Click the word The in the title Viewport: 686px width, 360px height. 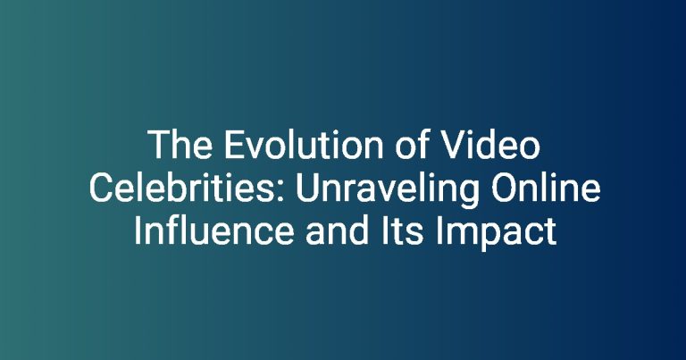tap(180, 146)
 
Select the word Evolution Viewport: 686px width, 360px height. tap(304, 146)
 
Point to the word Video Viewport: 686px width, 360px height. tap(491, 145)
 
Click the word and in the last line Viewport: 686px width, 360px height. tap(337, 231)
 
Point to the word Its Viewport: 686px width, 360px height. tap(402, 231)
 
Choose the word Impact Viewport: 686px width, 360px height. tap(496, 233)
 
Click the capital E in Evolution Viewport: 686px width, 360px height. tap(234, 146)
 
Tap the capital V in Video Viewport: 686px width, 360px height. tap(452, 146)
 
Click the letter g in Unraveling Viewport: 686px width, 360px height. tap(468, 196)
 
